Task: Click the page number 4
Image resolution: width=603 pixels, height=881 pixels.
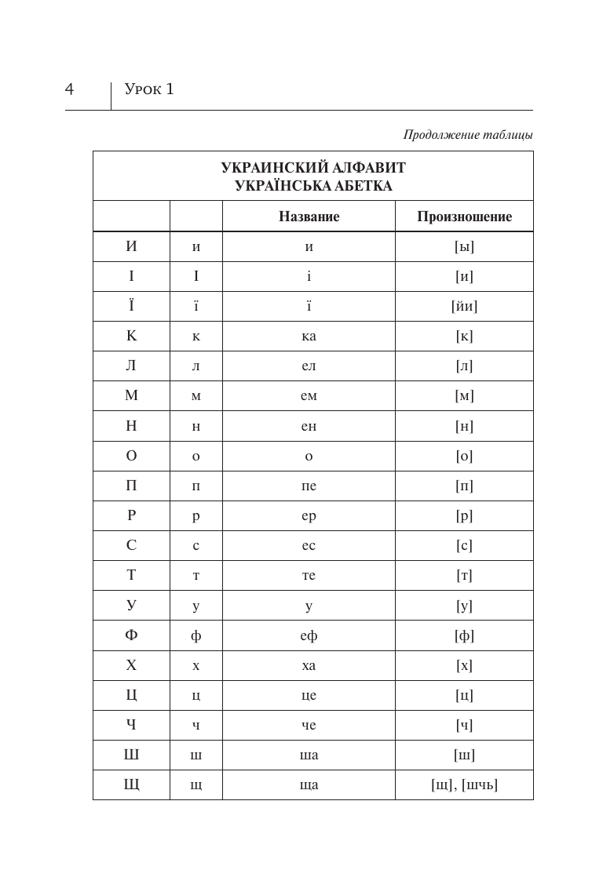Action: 69,89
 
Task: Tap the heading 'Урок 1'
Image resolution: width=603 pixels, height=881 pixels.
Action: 149,89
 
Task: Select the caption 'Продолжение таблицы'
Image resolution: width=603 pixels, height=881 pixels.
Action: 468,134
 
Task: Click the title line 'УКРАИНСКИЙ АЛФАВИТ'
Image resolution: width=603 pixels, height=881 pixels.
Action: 312,168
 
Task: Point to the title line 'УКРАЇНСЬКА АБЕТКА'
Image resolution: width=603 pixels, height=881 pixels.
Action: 312,186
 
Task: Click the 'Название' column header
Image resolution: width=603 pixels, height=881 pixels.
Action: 309,217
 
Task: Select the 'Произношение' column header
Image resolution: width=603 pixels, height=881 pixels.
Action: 464,217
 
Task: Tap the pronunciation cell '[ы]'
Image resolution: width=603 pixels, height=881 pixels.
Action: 464,246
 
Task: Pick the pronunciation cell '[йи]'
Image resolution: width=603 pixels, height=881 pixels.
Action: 464,306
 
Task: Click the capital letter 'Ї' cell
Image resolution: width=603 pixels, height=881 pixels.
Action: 131,306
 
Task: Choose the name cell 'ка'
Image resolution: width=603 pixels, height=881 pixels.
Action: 309,336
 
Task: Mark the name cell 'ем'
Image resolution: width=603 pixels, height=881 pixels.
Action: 309,396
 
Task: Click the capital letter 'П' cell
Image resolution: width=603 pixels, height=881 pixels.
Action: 131,486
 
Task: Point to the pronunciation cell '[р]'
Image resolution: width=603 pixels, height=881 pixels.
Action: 464,515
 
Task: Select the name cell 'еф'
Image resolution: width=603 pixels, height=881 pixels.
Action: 309,635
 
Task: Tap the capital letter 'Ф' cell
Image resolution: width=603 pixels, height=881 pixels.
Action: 131,635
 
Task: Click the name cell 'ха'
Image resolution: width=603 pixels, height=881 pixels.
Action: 309,665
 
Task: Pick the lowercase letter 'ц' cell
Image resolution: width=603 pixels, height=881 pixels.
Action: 196,695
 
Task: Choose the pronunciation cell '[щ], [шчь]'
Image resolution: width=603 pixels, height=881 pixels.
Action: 464,785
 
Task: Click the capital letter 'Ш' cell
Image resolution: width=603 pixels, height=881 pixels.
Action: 131,755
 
